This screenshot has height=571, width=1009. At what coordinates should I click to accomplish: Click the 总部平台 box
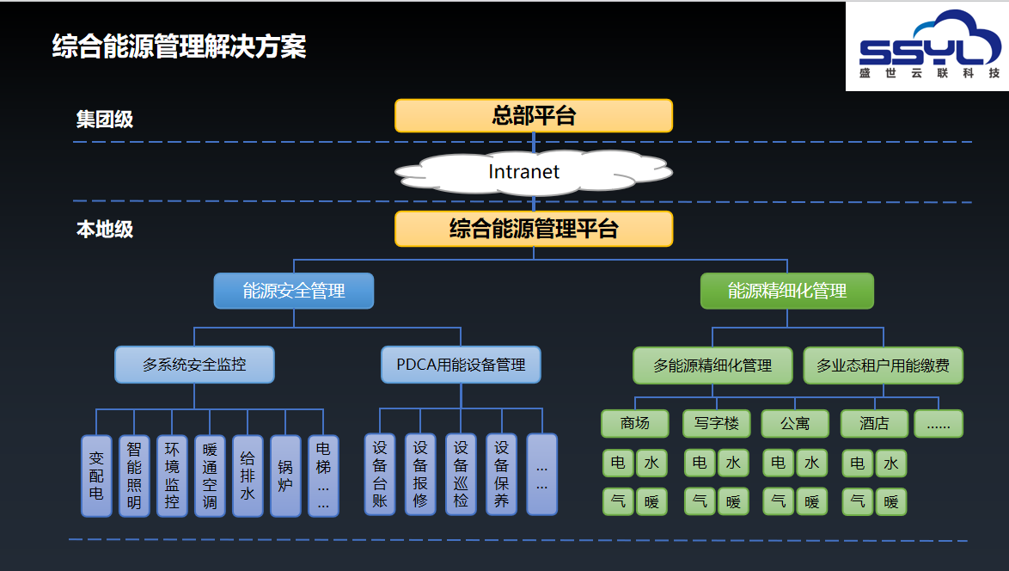click(x=534, y=116)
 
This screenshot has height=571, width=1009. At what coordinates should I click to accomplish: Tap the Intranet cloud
click(x=534, y=172)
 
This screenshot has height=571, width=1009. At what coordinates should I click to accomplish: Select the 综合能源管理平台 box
click(x=534, y=229)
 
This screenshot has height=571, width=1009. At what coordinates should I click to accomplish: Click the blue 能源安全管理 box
click(x=293, y=291)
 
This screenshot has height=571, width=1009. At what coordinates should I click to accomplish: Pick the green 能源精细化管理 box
click(x=787, y=291)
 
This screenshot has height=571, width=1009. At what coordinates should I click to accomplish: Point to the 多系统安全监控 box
click(x=194, y=365)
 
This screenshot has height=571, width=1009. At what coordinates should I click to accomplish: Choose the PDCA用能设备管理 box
click(x=461, y=365)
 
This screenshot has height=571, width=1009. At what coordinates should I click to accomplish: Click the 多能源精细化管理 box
click(x=712, y=365)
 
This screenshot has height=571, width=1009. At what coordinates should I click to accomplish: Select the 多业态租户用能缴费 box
click(x=883, y=365)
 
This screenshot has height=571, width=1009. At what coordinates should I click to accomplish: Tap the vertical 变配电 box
click(x=96, y=476)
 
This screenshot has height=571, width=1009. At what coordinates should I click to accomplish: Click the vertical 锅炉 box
click(x=285, y=476)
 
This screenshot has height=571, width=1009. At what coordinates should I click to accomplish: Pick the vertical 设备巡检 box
click(x=461, y=475)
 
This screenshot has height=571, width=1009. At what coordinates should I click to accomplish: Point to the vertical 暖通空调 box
click(x=210, y=476)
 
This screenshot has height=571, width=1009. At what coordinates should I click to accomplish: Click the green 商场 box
click(x=635, y=424)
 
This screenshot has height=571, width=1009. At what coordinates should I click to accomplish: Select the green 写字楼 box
click(x=716, y=424)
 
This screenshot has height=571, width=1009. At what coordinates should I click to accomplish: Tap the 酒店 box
click(x=875, y=424)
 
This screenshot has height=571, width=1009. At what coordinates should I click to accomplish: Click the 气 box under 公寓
click(x=779, y=501)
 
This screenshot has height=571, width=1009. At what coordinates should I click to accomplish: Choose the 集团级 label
click(x=104, y=119)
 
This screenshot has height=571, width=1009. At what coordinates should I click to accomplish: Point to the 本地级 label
click(x=104, y=229)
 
